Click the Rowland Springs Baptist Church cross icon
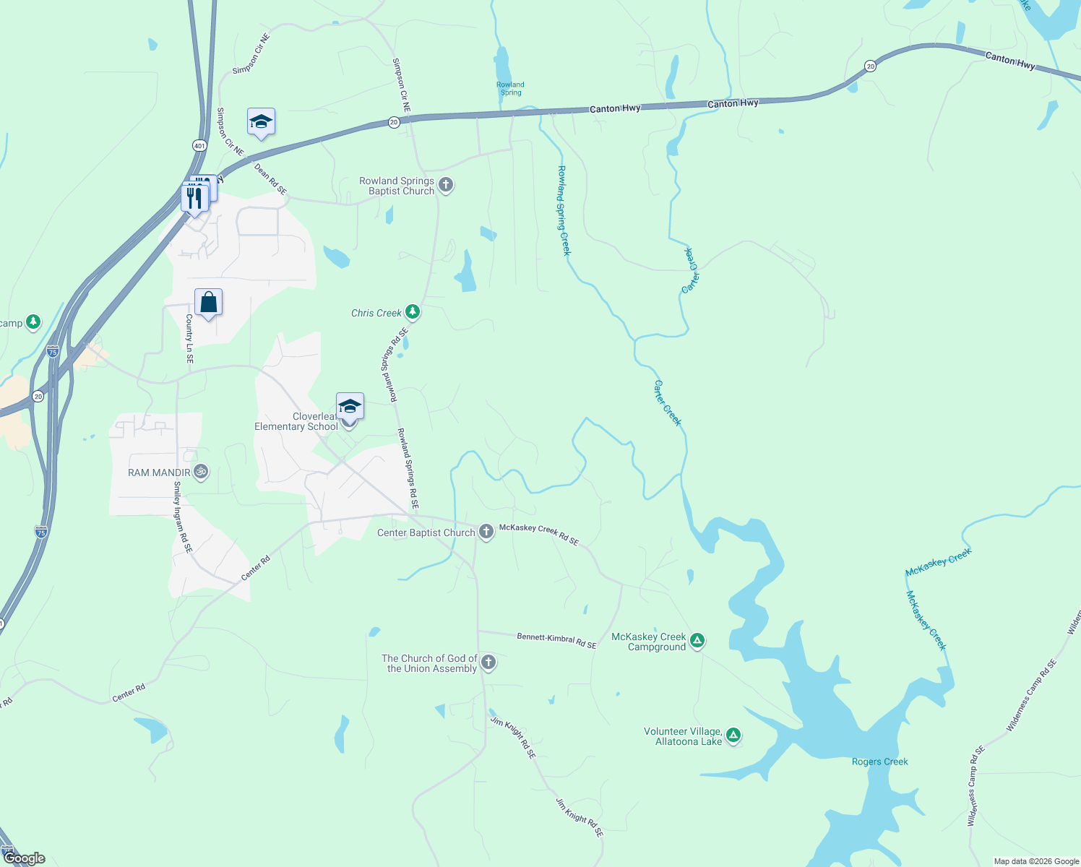tap(446, 185)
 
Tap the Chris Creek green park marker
tap(412, 312)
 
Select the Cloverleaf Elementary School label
tap(296, 422)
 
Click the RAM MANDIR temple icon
tap(201, 473)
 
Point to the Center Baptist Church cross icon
tap(486, 532)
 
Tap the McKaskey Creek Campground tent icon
tap(697, 640)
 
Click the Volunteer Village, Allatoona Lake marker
tap(733, 736)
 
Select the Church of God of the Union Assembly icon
tap(488, 662)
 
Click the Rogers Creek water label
tap(879, 762)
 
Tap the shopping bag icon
tap(208, 303)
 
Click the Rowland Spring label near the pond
tap(510, 88)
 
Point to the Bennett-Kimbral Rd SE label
tap(556, 640)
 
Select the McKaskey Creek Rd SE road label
tap(539, 534)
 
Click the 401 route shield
tap(199, 145)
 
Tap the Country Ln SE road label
tap(189, 338)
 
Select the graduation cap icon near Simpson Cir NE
tap(261, 122)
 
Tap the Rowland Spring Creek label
tap(564, 210)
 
